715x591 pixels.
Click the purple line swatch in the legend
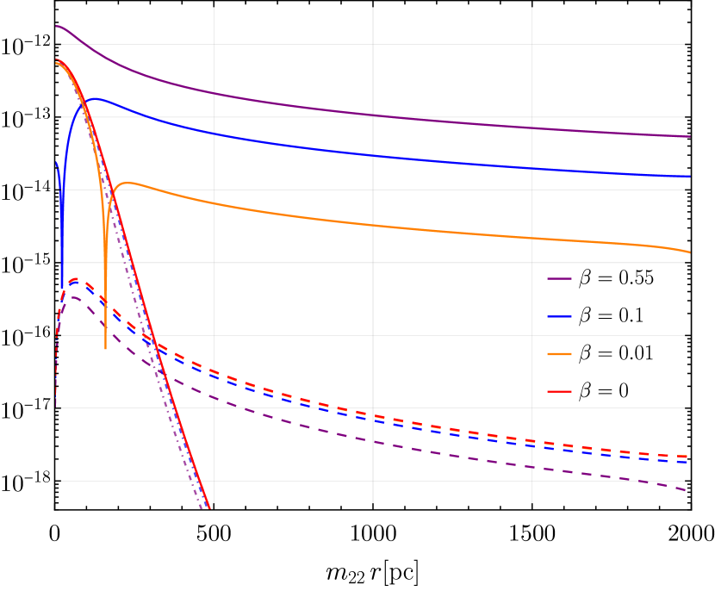(559, 278)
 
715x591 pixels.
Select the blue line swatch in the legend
(559, 316)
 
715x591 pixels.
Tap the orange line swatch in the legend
(559, 354)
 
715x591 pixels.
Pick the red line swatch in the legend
(559, 392)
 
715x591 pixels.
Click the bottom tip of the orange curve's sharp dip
(106, 348)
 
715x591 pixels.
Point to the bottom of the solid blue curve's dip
(62, 288)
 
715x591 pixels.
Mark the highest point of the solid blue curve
(95, 98)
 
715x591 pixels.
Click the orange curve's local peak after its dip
(128, 183)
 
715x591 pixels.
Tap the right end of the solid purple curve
(689, 136)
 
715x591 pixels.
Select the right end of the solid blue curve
(689, 176)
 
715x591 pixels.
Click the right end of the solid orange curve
(689, 252)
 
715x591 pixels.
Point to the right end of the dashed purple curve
(686, 490)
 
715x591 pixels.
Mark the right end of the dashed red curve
(687, 457)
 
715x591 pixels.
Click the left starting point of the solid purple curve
(57, 26)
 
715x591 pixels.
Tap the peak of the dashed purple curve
(74, 297)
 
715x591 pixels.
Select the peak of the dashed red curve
(76, 278)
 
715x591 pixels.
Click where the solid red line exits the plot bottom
(209, 508)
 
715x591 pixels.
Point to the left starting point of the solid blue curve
(57, 163)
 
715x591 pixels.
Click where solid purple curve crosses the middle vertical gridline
(373, 115)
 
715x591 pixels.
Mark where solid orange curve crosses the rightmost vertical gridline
(532, 239)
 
